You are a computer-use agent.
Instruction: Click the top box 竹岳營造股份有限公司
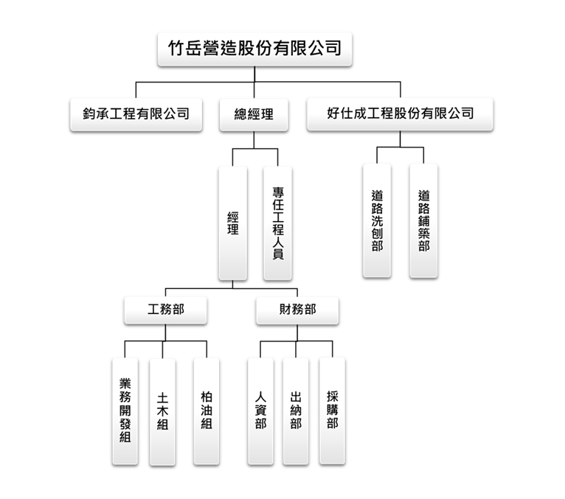[x=254, y=49]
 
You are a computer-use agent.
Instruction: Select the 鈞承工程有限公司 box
[x=136, y=114]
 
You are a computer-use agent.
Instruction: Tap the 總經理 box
[x=254, y=114]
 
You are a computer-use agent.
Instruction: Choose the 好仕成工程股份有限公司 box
[x=400, y=114]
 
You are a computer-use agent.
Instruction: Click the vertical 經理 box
[x=233, y=223]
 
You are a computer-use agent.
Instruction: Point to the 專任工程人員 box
[x=277, y=223]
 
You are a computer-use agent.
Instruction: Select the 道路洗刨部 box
[x=377, y=220]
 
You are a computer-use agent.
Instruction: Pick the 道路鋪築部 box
[x=423, y=220]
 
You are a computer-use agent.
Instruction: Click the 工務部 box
[x=165, y=310]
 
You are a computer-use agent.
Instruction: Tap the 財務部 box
[x=297, y=310]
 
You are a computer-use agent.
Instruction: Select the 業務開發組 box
[x=125, y=411]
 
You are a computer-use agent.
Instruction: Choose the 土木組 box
[x=162, y=411]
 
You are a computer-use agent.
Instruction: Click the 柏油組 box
[x=207, y=411]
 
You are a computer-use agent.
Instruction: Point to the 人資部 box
[x=260, y=411]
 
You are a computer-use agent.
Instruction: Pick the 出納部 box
[x=296, y=411]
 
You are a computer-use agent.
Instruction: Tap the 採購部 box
[x=332, y=411]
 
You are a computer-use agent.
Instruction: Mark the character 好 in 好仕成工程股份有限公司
[x=333, y=114]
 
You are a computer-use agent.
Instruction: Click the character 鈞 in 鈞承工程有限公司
[x=89, y=114]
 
